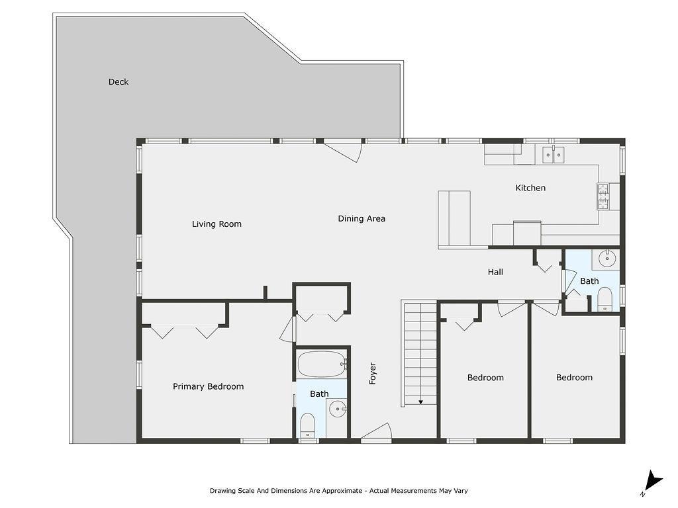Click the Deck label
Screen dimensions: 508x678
tap(119, 82)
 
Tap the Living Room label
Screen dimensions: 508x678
tap(217, 224)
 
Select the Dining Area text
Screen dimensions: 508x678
tap(362, 219)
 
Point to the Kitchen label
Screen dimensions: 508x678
tap(530, 188)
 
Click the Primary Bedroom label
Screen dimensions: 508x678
tap(208, 387)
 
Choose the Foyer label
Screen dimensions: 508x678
tap(373, 374)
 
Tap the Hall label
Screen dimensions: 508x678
tap(495, 272)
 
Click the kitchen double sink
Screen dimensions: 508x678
tap(554, 155)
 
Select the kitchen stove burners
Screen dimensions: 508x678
tap(603, 196)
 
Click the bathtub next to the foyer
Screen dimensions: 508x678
tap(321, 364)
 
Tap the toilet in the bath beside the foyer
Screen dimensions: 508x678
tap(308, 424)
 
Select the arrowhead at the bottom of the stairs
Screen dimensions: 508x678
tap(420, 402)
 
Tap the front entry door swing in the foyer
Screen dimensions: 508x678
tap(375, 431)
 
